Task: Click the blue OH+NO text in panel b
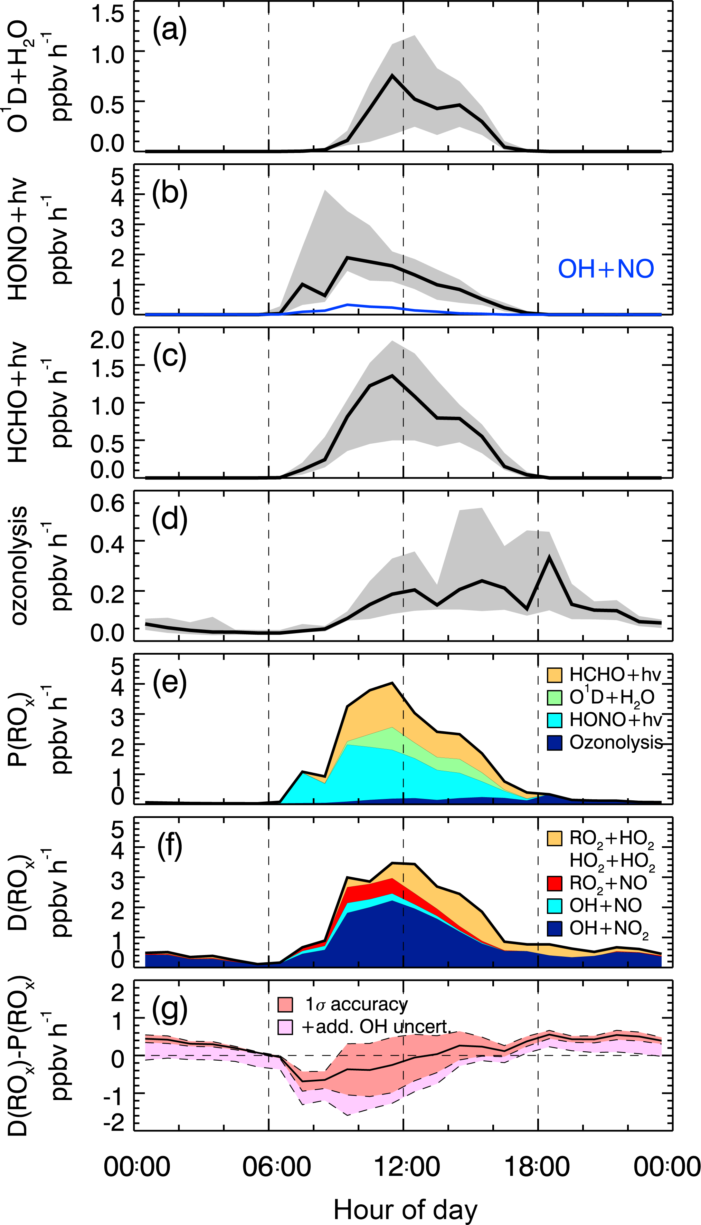click(606, 269)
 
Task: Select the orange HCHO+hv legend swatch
click(555, 675)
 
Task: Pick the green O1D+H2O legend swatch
click(555, 697)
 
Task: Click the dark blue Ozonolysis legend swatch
click(555, 742)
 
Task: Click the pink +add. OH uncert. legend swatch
click(285, 1027)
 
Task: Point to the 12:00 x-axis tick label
click(407, 1167)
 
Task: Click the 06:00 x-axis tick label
click(276, 1167)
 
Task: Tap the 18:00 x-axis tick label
click(537, 1167)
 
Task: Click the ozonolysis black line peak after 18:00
click(549, 557)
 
